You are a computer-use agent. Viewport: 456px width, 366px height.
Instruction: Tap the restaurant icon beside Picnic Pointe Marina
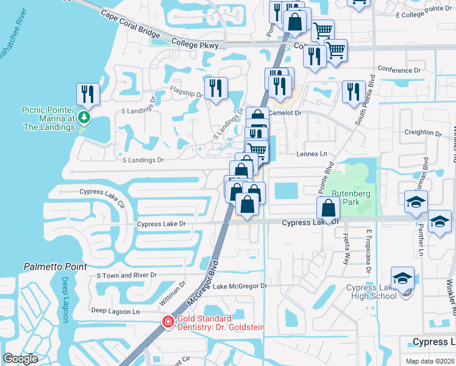(88, 94)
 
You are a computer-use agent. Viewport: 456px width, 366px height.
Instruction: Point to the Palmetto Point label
(55, 267)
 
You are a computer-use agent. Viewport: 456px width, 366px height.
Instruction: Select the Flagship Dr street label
(187, 94)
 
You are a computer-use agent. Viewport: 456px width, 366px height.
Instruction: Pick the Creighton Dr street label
(422, 132)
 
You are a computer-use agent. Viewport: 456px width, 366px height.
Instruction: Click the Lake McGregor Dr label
(240, 285)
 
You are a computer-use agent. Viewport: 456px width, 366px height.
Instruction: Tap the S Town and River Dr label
(127, 275)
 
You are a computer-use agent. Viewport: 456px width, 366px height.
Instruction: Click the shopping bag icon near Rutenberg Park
(328, 208)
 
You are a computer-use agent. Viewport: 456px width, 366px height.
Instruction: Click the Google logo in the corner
(20, 359)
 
